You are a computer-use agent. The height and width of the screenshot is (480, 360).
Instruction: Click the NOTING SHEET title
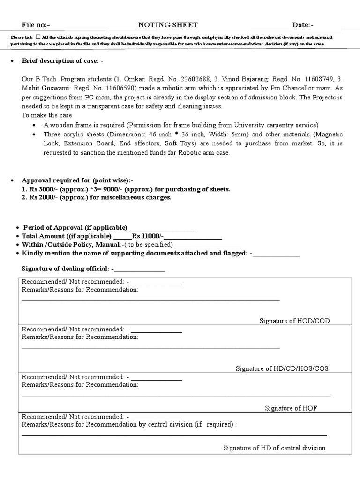pyautogui.click(x=168, y=25)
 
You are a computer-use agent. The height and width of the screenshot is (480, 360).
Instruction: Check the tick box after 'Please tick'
pyautogui.click(x=37, y=37)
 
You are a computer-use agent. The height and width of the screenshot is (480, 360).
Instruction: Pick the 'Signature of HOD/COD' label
pyautogui.click(x=295, y=321)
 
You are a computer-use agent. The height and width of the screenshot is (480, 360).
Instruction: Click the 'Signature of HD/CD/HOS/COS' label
pyautogui.click(x=282, y=368)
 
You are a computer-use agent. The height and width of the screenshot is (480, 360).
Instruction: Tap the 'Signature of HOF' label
pyautogui.click(x=291, y=408)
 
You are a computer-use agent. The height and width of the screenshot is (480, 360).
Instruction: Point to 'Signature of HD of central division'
pyautogui.click(x=274, y=448)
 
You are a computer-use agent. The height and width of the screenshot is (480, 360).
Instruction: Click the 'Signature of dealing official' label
pyautogui.click(x=66, y=269)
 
